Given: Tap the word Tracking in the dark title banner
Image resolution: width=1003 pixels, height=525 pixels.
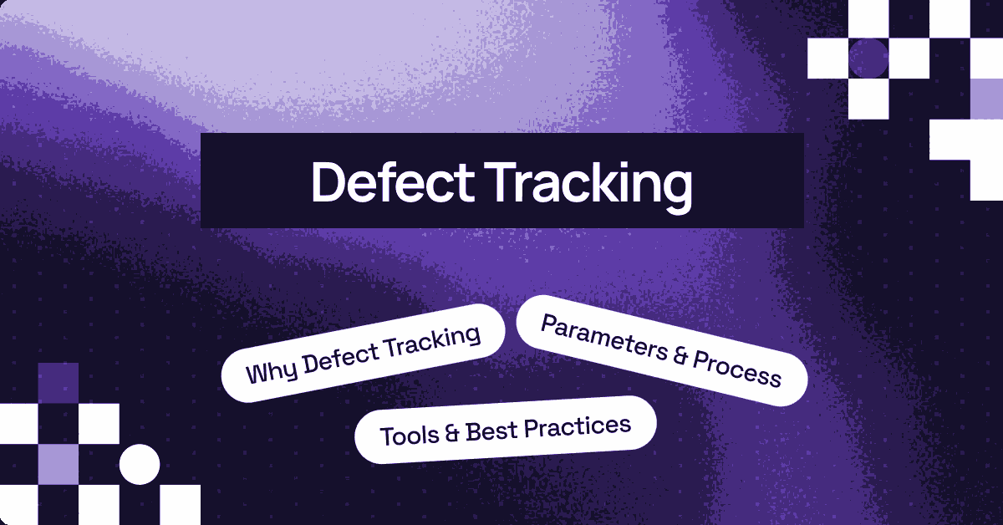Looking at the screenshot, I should pos(584,181).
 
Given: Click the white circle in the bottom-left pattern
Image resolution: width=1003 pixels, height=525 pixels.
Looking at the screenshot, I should pos(140,463).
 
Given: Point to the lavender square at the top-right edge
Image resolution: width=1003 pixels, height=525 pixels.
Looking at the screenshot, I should pos(986,99).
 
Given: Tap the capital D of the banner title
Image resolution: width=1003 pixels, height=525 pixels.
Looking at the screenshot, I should pos(327,181).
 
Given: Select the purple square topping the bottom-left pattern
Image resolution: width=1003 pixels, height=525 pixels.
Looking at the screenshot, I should pos(59,383).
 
